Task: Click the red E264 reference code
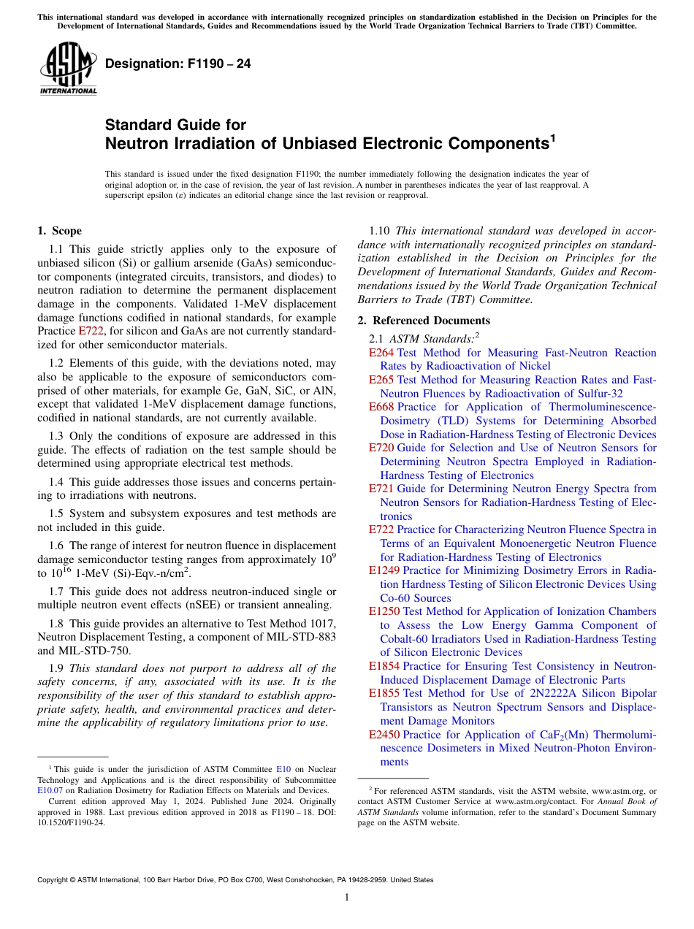pos(381,353)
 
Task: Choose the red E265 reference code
pos(381,380)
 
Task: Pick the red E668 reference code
pos(381,407)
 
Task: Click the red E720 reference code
pos(381,448)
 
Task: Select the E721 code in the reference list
pos(381,489)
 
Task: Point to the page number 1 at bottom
pos(347,898)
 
